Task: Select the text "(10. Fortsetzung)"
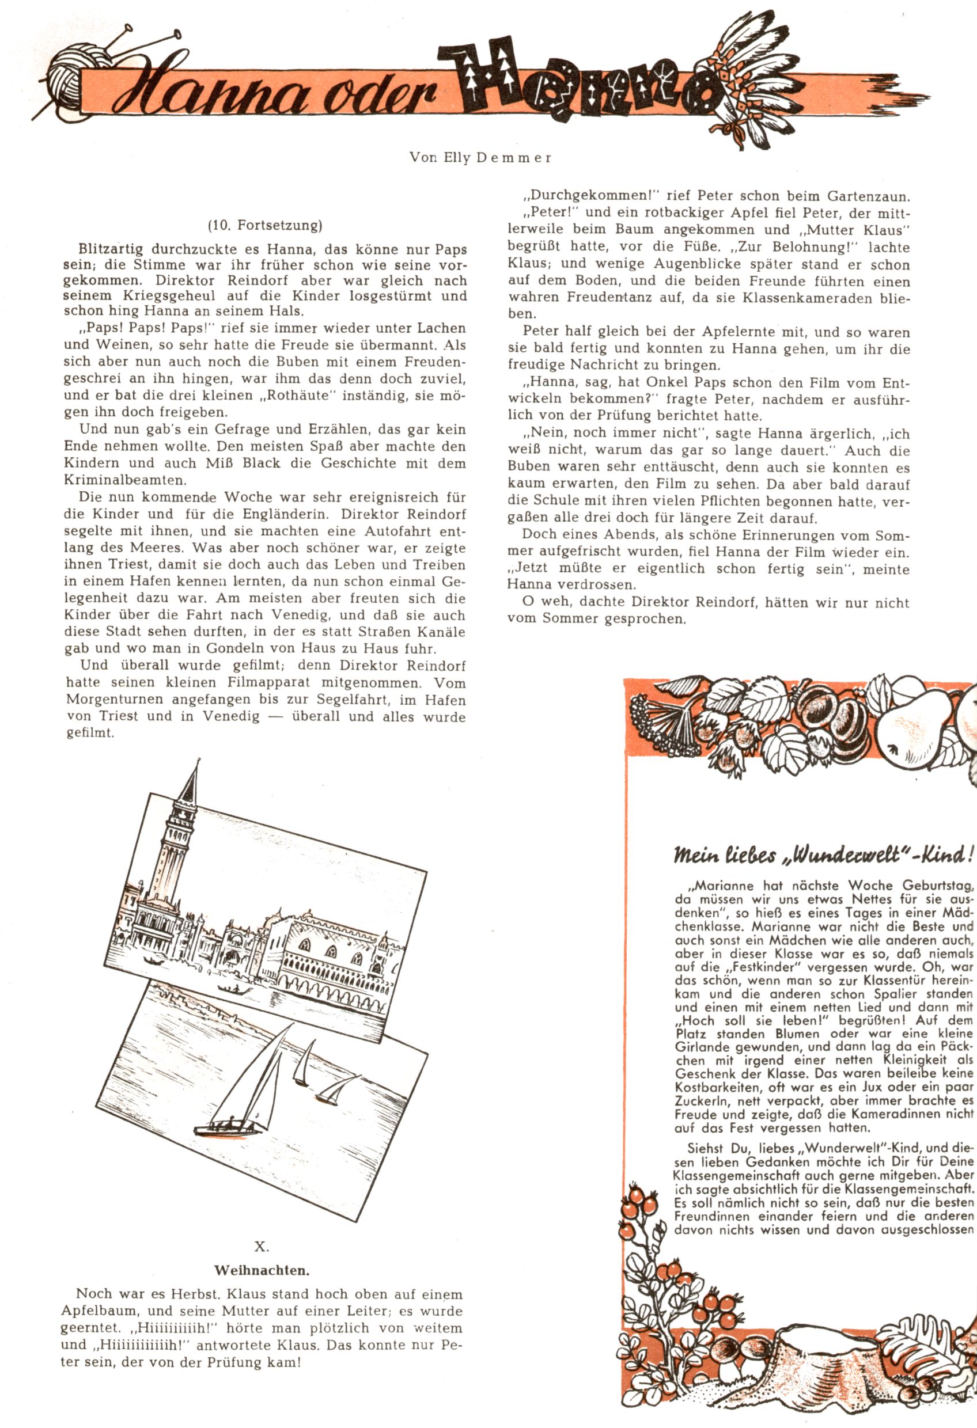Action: pos(265,226)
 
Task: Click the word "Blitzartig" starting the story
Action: pos(111,249)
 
